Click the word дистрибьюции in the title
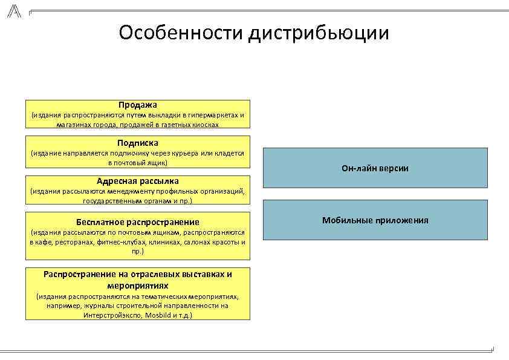[317, 33]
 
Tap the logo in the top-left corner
[13, 10]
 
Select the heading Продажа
[138, 105]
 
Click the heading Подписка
[138, 143]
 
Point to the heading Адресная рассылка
[138, 180]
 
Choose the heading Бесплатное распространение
[138, 222]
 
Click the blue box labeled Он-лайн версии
[375, 168]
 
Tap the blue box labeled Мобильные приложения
[375, 220]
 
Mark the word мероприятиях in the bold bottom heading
[138, 285]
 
